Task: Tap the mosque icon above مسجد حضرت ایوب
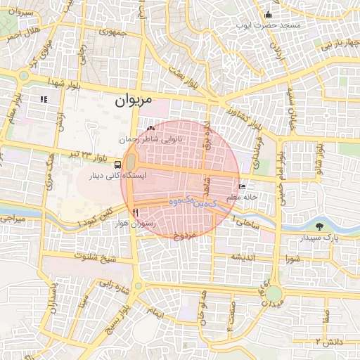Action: coord(267,15)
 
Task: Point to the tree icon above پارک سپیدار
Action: coord(321,226)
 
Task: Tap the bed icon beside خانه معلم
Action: coord(243,187)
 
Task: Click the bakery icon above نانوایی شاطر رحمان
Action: coord(151,129)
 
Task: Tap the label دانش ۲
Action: coord(327,341)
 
